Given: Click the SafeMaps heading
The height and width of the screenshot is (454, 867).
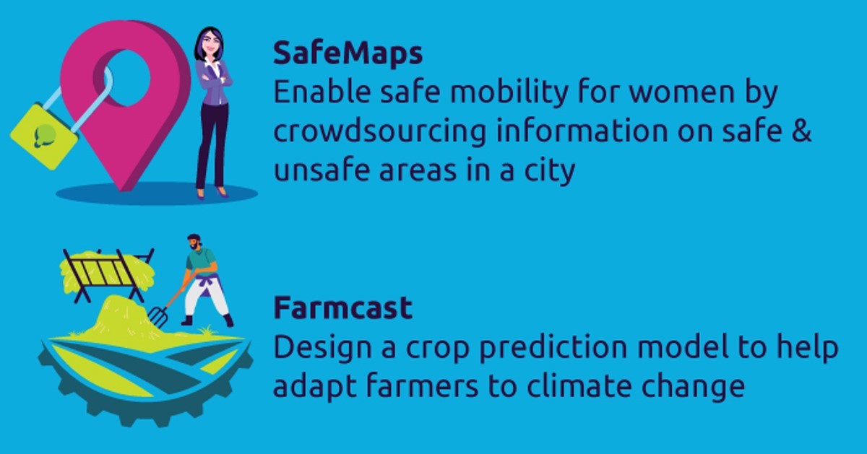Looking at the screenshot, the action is [x=348, y=53].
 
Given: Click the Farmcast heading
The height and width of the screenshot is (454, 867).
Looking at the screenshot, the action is [x=343, y=307].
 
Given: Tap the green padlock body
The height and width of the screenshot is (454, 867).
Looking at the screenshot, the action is [x=44, y=136].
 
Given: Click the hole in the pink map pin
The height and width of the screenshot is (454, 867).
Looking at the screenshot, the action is [x=127, y=78].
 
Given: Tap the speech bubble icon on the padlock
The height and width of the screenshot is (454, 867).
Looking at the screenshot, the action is [x=45, y=136].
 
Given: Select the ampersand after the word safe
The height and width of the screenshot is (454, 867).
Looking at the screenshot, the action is [x=801, y=131].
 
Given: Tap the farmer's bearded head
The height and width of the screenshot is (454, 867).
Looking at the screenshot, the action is [x=194, y=242].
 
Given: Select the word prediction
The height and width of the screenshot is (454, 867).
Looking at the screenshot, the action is [x=553, y=348].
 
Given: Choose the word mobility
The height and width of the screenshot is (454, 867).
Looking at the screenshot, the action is [x=509, y=92].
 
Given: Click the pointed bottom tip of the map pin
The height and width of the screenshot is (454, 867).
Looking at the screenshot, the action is [x=123, y=190].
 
